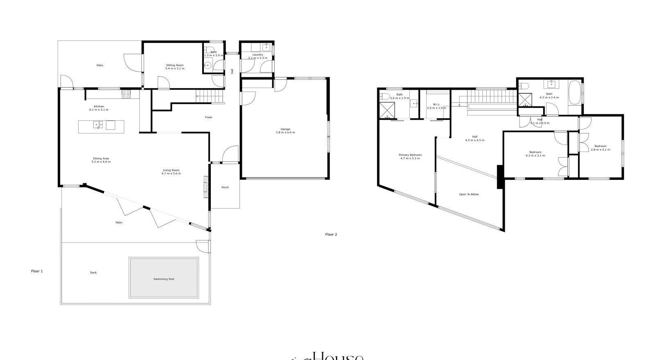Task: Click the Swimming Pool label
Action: point(164,279)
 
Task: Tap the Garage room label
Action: point(285,129)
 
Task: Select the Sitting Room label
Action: point(175,65)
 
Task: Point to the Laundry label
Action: point(257,54)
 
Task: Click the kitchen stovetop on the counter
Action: point(126,94)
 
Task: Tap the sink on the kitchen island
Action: point(97,125)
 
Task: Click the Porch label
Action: point(225,187)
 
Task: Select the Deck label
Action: point(93,272)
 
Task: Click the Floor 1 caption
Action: point(37,271)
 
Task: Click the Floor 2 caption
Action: point(331,235)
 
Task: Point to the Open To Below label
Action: point(469,194)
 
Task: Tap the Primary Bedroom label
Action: point(410,155)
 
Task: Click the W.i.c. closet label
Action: point(436,104)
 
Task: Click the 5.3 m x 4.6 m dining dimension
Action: point(101,162)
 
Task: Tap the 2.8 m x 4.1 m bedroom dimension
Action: point(600,149)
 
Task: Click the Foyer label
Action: point(209,117)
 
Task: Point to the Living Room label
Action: point(171,170)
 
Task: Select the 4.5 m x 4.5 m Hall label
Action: point(474,137)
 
